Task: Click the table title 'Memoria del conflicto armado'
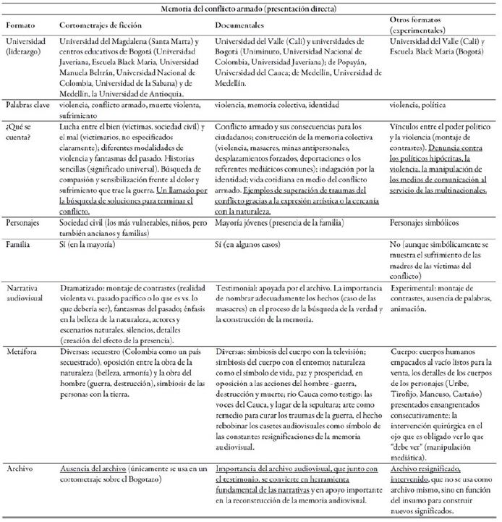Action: pos(250,9)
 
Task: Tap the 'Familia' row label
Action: pos(21,245)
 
